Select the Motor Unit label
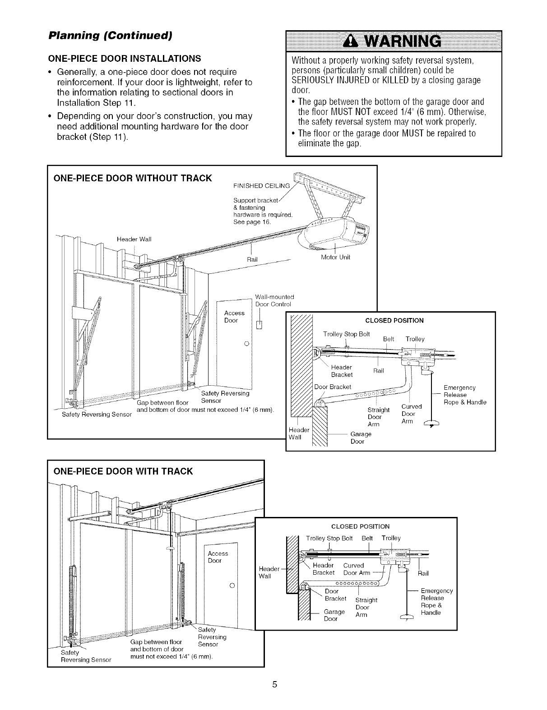pos(335,258)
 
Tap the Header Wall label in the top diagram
pos(133,240)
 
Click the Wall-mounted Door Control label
pos(274,300)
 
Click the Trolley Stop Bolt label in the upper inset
pos(346,334)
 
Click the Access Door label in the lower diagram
pos(218,557)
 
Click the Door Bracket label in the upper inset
pos(333,387)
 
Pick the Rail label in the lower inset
pos(423,573)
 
